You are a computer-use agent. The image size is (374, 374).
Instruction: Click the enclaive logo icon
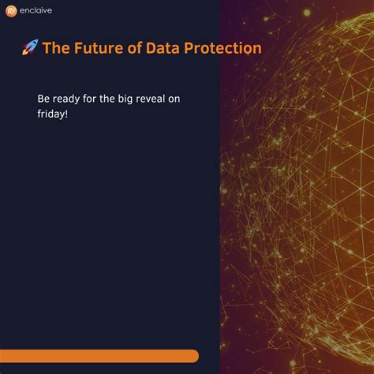pyautogui.click(x=11, y=11)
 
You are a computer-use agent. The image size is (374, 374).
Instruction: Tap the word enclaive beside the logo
pyautogui.click(x=36, y=11)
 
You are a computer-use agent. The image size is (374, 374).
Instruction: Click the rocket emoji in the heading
pyautogui.click(x=30, y=49)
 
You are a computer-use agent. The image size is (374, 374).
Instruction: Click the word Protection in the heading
pyautogui.click(x=223, y=48)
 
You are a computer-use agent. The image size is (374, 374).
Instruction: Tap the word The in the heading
pyautogui.click(x=56, y=48)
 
